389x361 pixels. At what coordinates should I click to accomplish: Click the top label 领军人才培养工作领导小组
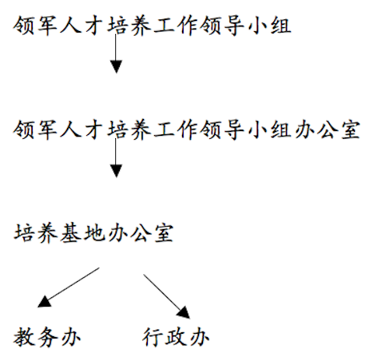point(152,26)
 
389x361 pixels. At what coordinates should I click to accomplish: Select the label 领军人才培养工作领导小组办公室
point(187,130)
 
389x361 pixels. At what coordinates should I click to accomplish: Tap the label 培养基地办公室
point(93,233)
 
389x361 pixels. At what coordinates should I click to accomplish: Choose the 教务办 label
point(47,337)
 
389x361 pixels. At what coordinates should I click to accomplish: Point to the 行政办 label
point(176,337)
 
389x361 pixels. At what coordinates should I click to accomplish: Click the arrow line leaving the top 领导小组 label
point(116,54)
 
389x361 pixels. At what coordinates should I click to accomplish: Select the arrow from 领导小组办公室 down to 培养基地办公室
point(116,158)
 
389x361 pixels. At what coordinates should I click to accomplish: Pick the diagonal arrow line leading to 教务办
point(68,287)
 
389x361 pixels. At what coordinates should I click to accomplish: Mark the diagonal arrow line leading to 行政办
point(166,297)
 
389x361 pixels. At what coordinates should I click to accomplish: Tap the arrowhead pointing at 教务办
point(44,302)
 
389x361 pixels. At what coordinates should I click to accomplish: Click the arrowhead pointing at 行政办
point(184,312)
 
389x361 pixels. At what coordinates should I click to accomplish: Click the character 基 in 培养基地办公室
point(71,233)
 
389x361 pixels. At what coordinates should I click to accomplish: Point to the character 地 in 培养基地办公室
point(93,233)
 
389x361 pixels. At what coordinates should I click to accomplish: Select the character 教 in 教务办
point(23,337)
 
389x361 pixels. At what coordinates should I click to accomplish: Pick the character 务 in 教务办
point(47,337)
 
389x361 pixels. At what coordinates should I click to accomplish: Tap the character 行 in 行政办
point(152,337)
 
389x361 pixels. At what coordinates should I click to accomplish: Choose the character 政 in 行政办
point(176,337)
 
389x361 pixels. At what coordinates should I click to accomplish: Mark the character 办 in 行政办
point(199,337)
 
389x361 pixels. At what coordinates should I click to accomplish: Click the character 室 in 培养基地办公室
point(163,233)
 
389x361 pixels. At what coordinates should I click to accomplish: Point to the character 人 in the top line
point(71,26)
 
